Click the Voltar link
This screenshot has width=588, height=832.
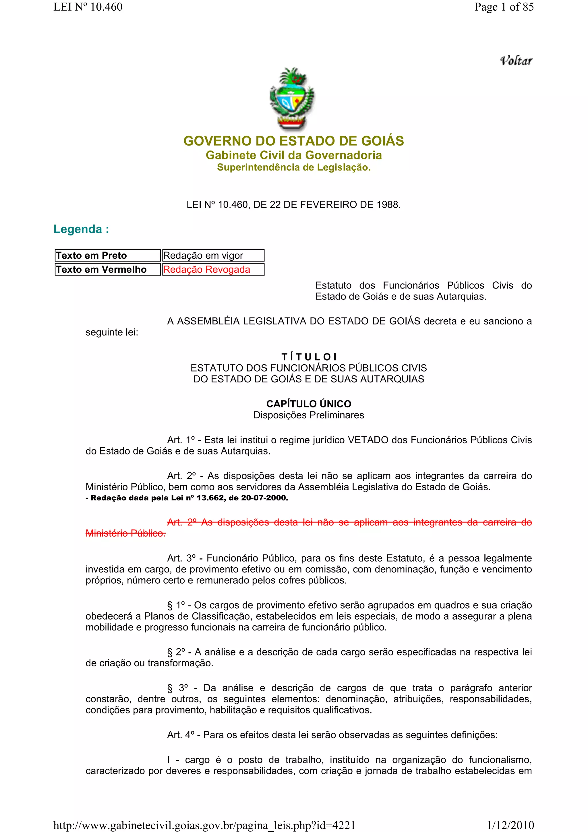point(516,61)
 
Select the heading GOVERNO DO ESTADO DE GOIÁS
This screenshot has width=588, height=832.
point(293,141)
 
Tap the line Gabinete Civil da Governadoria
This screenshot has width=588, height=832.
point(293,155)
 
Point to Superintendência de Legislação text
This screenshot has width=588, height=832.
point(293,167)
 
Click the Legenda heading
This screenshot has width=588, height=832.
point(81,229)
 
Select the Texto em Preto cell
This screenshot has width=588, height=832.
point(107,256)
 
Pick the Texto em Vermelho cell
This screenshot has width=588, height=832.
point(107,270)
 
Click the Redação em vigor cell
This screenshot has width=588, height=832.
point(213,256)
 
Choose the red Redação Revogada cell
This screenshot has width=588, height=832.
point(213,270)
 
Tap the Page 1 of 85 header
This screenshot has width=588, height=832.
point(504,7)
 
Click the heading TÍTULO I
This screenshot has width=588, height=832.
point(309,357)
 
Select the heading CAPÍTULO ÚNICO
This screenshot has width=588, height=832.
point(309,404)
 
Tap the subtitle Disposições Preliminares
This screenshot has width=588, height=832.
point(309,415)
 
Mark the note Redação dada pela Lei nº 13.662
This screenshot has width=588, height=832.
point(187,498)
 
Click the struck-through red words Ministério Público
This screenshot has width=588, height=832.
point(125,533)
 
